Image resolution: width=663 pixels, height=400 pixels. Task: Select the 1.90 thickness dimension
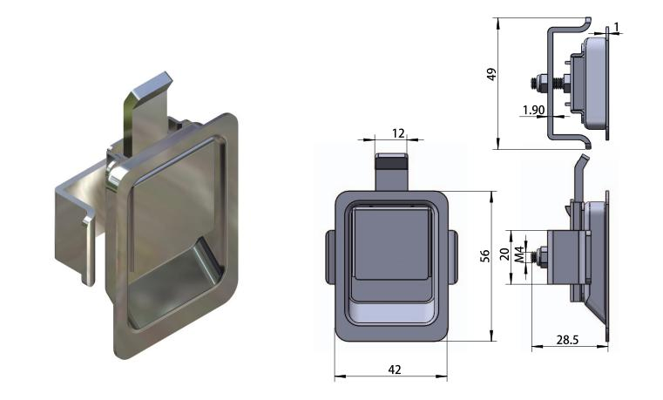coord(533,110)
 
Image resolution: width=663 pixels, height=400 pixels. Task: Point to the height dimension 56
coord(485,255)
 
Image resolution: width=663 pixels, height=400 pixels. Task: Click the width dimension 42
coord(393,369)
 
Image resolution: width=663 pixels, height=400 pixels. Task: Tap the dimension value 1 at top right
coord(617,28)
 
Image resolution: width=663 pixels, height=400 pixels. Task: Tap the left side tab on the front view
coord(330,257)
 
